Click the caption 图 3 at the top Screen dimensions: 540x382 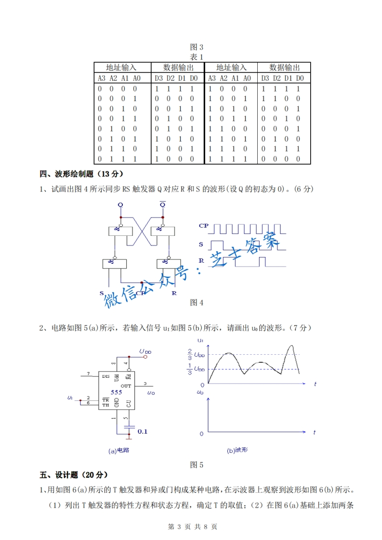(197, 47)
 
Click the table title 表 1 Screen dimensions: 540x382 (197, 57)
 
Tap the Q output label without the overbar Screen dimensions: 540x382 (120, 205)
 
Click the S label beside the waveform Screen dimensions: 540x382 (201, 244)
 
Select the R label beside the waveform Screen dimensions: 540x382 (201, 261)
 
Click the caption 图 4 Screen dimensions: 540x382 (197, 302)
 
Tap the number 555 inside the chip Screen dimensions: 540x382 (116, 393)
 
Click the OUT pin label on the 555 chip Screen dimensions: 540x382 (126, 386)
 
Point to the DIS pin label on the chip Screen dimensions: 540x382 (105, 376)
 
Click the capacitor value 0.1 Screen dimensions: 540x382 (142, 432)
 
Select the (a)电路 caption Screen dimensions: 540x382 (119, 451)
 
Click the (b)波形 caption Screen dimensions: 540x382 (237, 451)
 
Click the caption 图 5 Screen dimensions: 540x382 (197, 465)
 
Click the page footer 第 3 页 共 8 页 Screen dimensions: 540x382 (192, 527)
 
